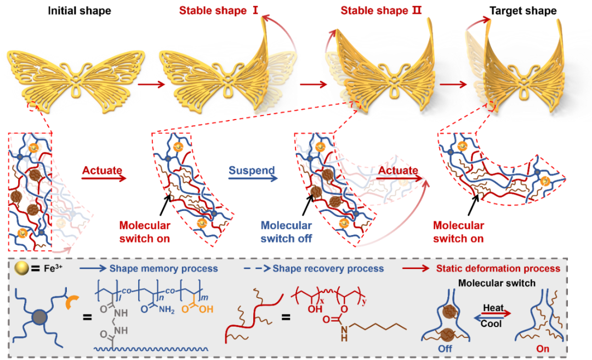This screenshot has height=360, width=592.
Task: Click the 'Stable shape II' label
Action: pos(381,10)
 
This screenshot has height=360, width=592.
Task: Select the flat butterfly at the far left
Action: pos(77,74)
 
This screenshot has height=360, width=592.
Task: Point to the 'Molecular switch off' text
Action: pos(286,232)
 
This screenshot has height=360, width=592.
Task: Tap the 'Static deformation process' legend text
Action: pos(498,269)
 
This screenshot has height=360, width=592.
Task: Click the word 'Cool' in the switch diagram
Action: pos(492,324)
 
